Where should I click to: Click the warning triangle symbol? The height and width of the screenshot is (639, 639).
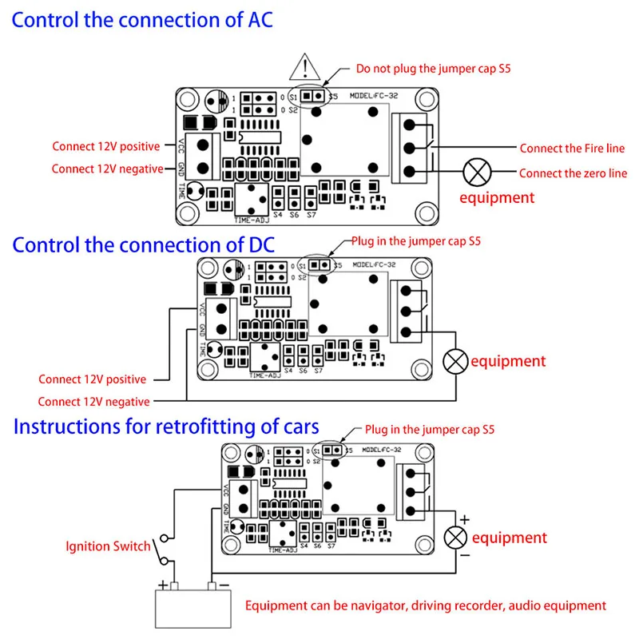pos(305,66)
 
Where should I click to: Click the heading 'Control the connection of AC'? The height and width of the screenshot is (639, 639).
pos(142,19)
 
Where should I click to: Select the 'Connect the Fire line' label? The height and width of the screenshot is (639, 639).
pos(572,148)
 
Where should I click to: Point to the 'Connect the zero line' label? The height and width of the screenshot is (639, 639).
pos(573,173)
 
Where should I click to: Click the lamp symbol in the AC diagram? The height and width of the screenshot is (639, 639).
pos(478,172)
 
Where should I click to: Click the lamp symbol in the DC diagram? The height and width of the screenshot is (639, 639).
pos(456,361)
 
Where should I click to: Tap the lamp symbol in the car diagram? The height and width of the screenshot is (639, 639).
pos(456,537)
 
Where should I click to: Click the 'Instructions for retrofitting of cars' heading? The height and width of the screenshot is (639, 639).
pos(166,426)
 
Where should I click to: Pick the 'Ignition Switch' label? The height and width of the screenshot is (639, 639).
pos(107,546)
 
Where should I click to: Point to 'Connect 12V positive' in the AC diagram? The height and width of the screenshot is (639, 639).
pos(106,146)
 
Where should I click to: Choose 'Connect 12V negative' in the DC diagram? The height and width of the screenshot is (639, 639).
pos(93,401)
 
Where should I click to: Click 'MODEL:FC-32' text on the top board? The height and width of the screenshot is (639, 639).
pos(371,96)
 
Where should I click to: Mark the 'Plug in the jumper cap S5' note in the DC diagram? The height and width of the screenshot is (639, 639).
pos(416,240)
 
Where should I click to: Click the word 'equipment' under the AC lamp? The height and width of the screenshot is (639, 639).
pos(496,196)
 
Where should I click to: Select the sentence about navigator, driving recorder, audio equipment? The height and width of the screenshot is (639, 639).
pos(426,605)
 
